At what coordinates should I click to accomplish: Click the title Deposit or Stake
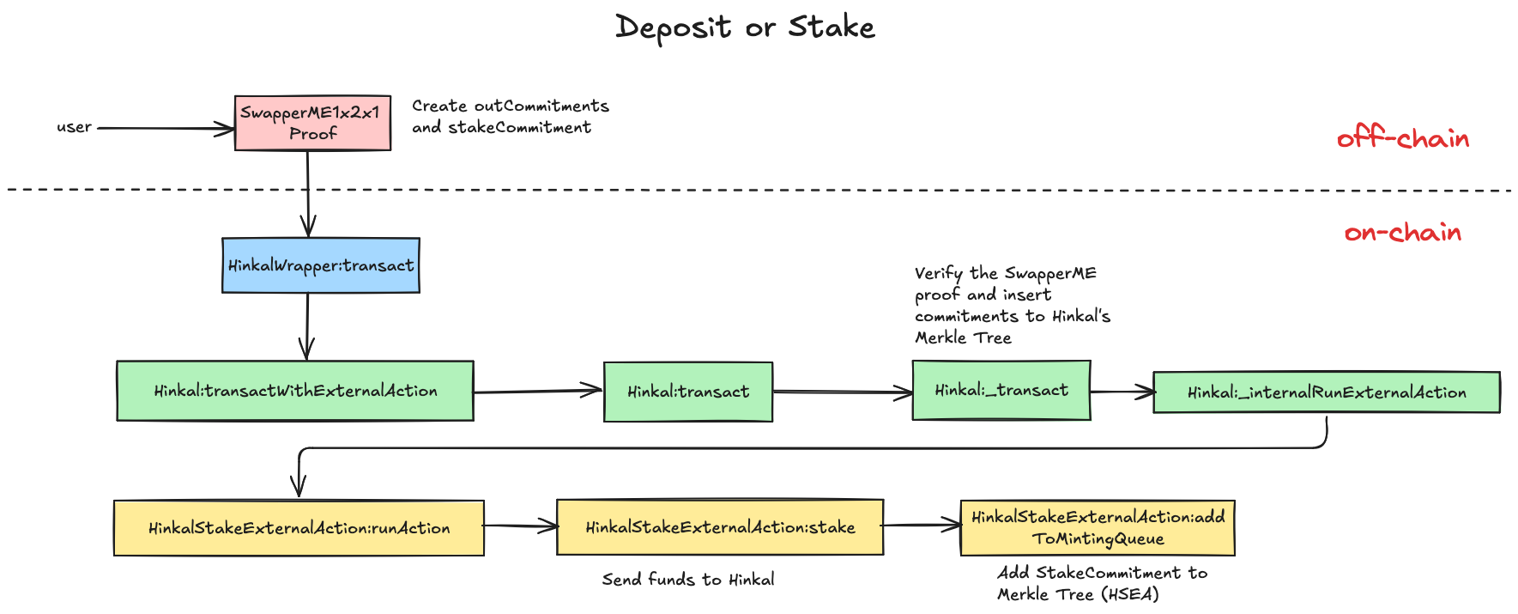(745, 27)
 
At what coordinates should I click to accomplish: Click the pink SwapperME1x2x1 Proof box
(312, 123)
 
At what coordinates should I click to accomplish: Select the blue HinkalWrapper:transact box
(320, 265)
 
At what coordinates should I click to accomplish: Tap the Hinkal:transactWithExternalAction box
(294, 391)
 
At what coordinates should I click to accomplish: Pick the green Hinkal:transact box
(687, 392)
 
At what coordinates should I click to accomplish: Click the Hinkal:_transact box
(1001, 390)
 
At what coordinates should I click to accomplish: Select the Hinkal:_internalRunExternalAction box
(1326, 392)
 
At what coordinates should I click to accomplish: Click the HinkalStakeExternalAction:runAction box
(299, 528)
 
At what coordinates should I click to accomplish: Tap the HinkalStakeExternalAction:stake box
(719, 527)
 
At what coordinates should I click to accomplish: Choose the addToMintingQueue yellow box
(1097, 528)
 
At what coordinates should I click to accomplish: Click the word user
(74, 127)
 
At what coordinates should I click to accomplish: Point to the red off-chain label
(1402, 138)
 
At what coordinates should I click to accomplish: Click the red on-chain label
(1402, 232)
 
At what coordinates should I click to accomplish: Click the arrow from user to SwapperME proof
(163, 128)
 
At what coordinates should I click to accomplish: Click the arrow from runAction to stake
(519, 526)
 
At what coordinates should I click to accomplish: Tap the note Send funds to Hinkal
(687, 580)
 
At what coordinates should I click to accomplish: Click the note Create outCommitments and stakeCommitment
(510, 117)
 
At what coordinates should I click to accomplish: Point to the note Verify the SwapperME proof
(1011, 306)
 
